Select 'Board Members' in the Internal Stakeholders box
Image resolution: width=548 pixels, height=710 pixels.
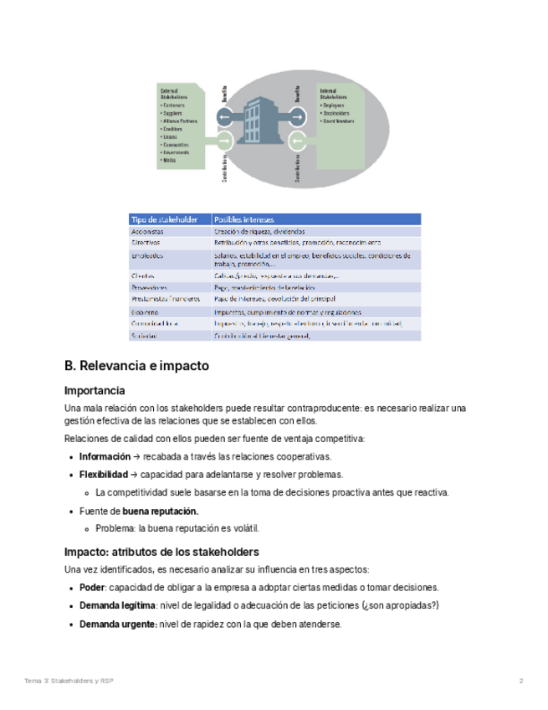coord(339,121)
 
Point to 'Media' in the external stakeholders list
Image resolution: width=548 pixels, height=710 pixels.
coord(170,160)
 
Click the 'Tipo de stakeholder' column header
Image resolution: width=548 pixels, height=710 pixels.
coord(164,219)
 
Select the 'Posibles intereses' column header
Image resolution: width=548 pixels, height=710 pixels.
coord(244,219)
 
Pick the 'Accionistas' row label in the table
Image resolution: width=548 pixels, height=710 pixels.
coord(147,231)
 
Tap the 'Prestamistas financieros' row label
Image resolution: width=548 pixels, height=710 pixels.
coord(166,298)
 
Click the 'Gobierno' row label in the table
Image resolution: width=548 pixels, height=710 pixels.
coord(145,311)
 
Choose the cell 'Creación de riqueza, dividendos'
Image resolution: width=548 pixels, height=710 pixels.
coord(259,231)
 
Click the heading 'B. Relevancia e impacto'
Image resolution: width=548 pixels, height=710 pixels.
coord(136,366)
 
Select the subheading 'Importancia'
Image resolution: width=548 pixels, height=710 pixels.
coord(95,390)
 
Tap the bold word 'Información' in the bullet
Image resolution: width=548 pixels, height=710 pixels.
coord(104,456)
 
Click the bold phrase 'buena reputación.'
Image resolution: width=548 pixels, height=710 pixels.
coord(161,511)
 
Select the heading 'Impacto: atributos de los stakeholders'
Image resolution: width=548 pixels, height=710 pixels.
coord(161,552)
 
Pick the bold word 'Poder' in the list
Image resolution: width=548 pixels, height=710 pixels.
coord(92,587)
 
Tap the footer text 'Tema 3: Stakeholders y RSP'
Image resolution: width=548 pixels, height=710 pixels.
coord(69,681)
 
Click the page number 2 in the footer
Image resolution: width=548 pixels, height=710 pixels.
coord(521,681)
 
